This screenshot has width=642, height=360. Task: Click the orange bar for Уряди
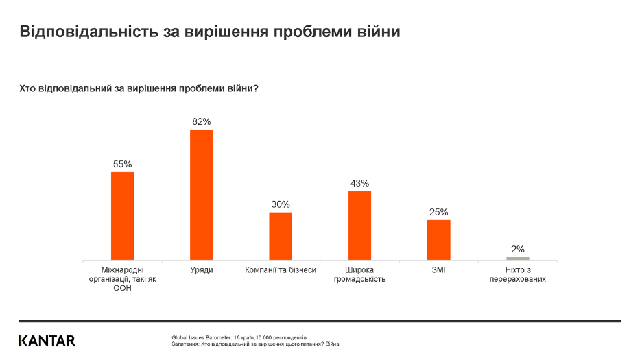pyautogui.click(x=202, y=195)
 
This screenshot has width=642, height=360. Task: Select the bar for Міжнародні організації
pyautogui.click(x=123, y=216)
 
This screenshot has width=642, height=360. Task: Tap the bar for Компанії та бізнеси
pyautogui.click(x=281, y=236)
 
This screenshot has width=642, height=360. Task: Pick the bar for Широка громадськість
pyautogui.click(x=359, y=226)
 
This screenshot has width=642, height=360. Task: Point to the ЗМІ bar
pyautogui.click(x=439, y=240)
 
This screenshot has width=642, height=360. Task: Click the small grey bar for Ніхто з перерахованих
pyautogui.click(x=518, y=259)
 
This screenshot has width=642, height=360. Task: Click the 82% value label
pyautogui.click(x=202, y=122)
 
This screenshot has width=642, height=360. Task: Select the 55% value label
pyautogui.click(x=123, y=165)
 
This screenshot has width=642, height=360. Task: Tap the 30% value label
pyautogui.click(x=281, y=204)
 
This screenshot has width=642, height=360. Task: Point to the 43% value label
pyautogui.click(x=359, y=184)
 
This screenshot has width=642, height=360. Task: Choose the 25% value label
pyautogui.click(x=439, y=213)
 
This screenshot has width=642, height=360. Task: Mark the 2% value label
pyautogui.click(x=518, y=250)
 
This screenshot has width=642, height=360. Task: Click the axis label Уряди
pyautogui.click(x=202, y=270)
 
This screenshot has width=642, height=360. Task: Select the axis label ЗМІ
pyautogui.click(x=439, y=270)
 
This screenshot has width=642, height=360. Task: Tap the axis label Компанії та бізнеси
pyautogui.click(x=281, y=270)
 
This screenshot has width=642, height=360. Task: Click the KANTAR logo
pyautogui.click(x=47, y=341)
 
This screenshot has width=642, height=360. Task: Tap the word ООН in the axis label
pyautogui.click(x=123, y=288)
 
